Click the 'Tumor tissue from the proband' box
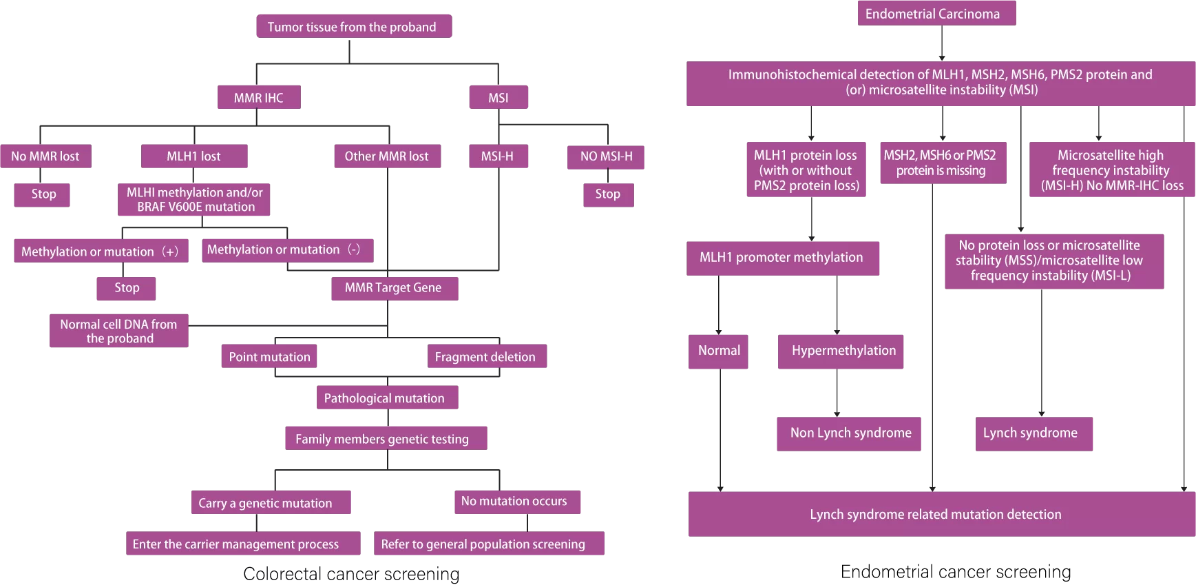point(354,26)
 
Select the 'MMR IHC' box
point(259,97)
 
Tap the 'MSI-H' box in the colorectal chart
point(499,156)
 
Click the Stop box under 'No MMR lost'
point(42,194)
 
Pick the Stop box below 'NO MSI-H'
point(609,194)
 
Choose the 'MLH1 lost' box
point(194,156)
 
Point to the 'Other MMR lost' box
point(388,156)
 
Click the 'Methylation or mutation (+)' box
point(101,251)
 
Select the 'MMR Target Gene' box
point(395,288)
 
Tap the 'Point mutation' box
point(269,356)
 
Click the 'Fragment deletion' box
point(487,356)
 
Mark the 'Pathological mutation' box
point(387,398)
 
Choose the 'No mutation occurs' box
point(517,502)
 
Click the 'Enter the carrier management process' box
point(243,543)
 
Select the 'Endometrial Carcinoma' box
point(936,13)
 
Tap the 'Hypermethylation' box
point(841,351)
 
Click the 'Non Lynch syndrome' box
point(849,434)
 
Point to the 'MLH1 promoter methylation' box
point(783,258)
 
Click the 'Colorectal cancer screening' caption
point(351,573)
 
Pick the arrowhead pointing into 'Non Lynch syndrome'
point(837,414)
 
